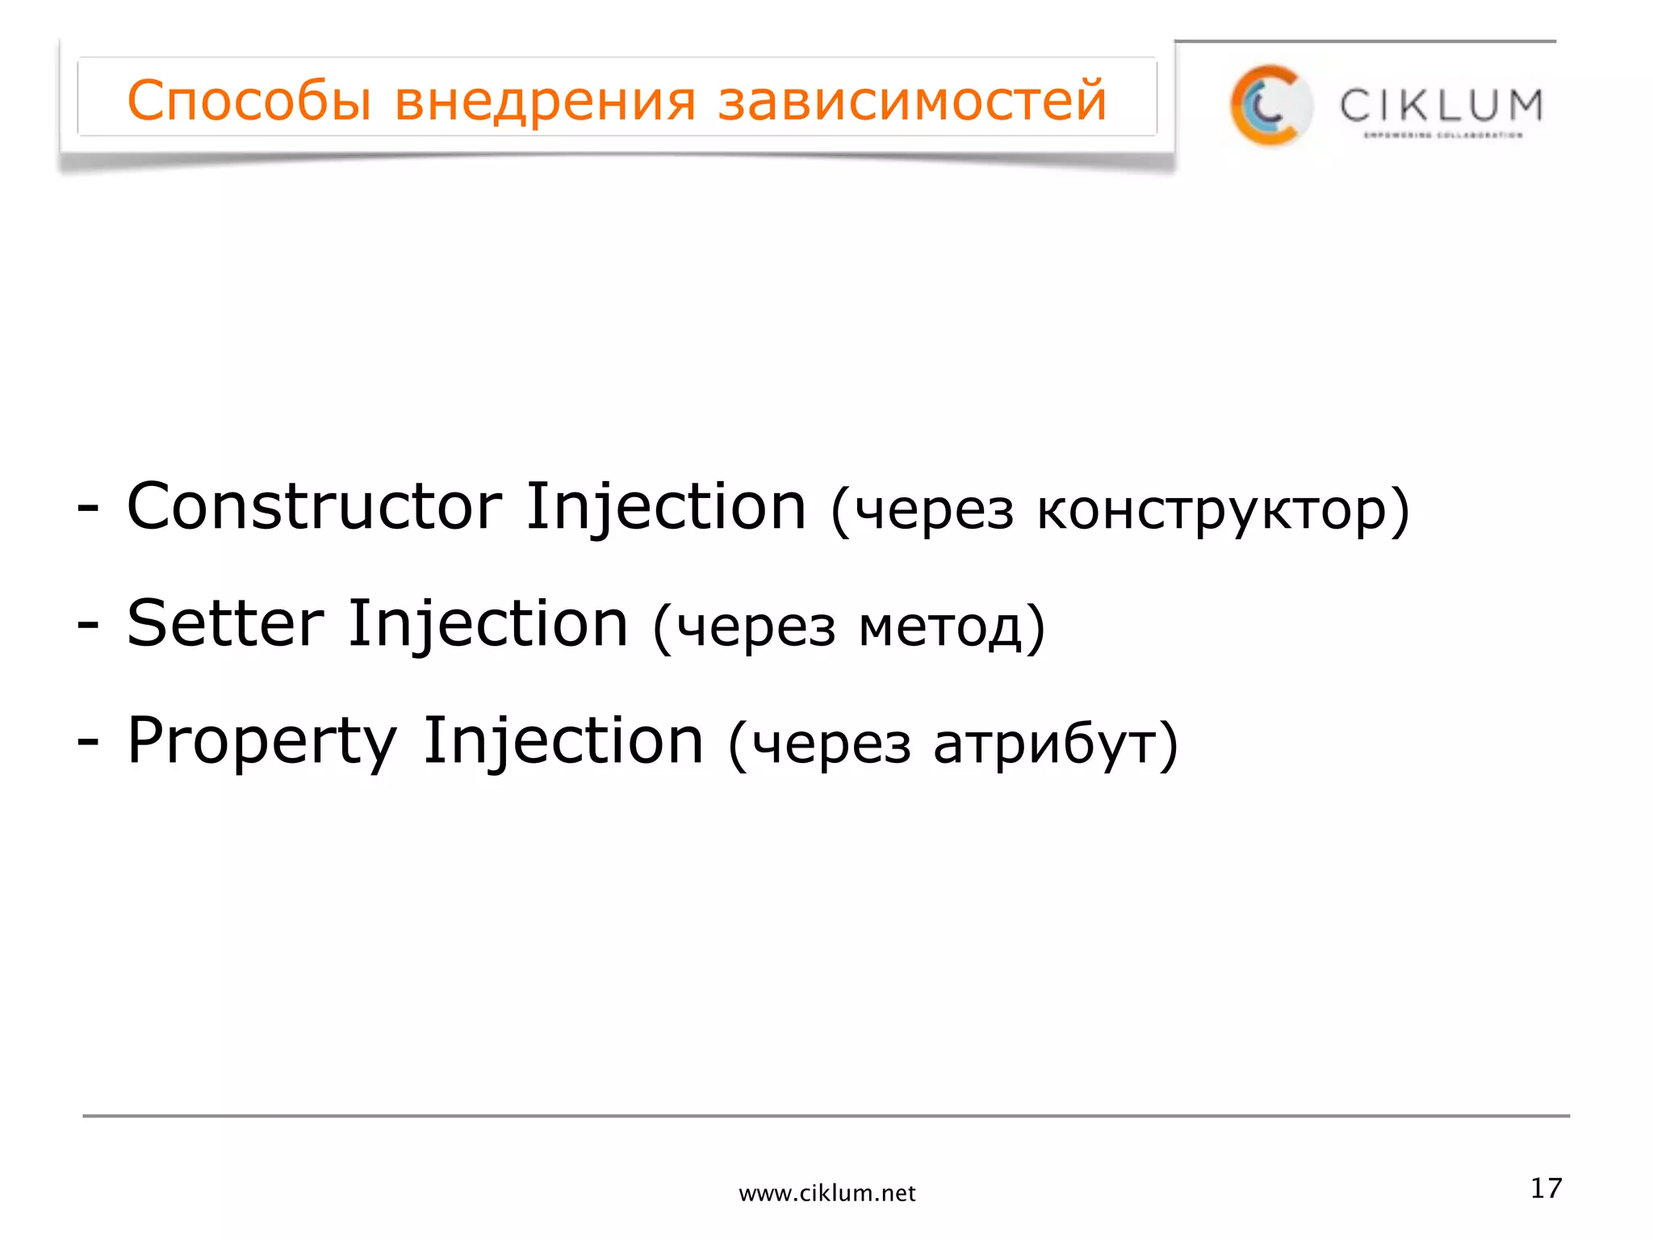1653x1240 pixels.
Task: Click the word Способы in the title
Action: pyautogui.click(x=249, y=101)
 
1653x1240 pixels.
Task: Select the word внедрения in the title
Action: pyautogui.click(x=545, y=101)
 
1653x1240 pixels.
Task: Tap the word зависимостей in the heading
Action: pyautogui.click(x=912, y=101)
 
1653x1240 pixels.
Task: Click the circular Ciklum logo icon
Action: pyautogui.click(x=1270, y=106)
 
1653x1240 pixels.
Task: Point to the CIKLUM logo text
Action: pyautogui.click(x=1441, y=106)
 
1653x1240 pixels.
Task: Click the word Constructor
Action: pyautogui.click(x=314, y=507)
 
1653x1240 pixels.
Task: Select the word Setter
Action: pyautogui.click(x=225, y=624)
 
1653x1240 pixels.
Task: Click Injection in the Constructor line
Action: pyautogui.click(x=666, y=507)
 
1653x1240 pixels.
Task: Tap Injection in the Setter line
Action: pyautogui.click(x=488, y=624)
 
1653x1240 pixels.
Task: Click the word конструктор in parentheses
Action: pyautogui.click(x=1211, y=512)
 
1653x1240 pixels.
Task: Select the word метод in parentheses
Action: pyautogui.click(x=941, y=628)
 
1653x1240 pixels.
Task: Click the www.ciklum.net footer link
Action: pyautogui.click(x=826, y=1193)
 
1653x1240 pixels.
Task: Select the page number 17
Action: pyautogui.click(x=1546, y=1188)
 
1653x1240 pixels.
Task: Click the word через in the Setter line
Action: pyautogui.click(x=755, y=628)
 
